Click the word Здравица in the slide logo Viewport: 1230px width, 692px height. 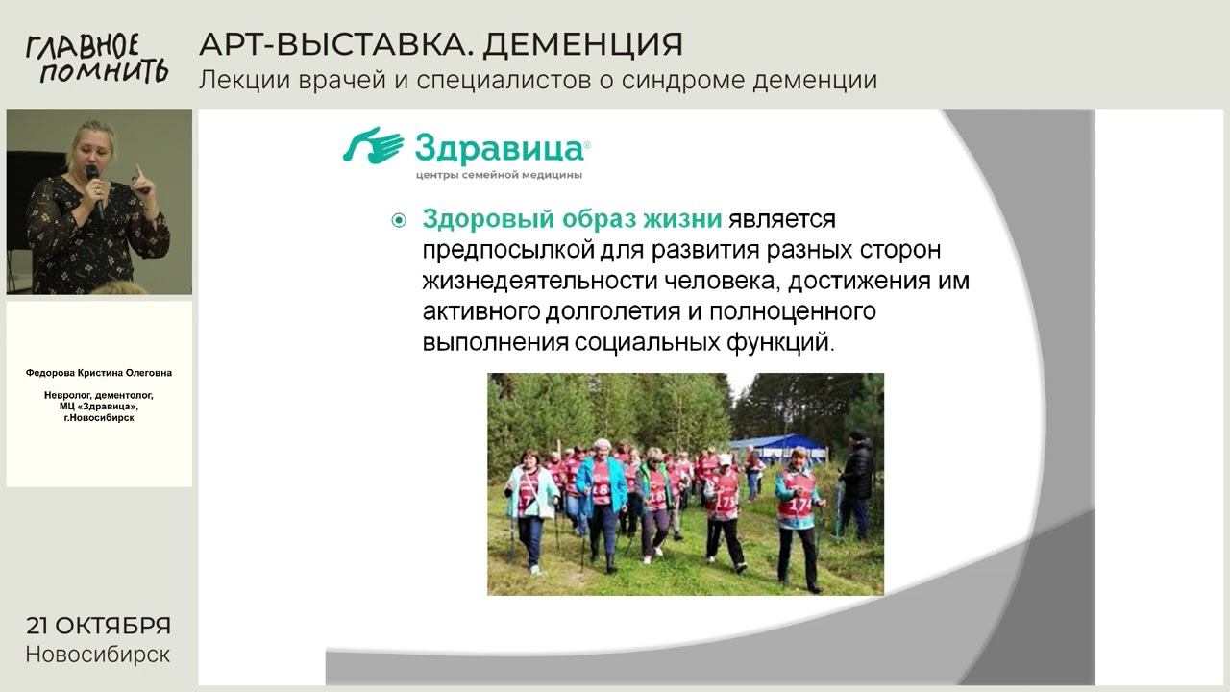point(499,149)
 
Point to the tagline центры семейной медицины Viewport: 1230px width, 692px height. point(499,176)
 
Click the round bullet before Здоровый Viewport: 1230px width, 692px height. point(399,221)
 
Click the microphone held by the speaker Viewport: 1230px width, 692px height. point(93,179)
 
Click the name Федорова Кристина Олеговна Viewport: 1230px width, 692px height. point(99,373)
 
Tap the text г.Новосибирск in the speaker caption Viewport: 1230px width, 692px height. point(99,418)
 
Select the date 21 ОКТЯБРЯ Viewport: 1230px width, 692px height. point(98,626)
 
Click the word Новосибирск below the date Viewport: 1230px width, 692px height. point(98,655)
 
